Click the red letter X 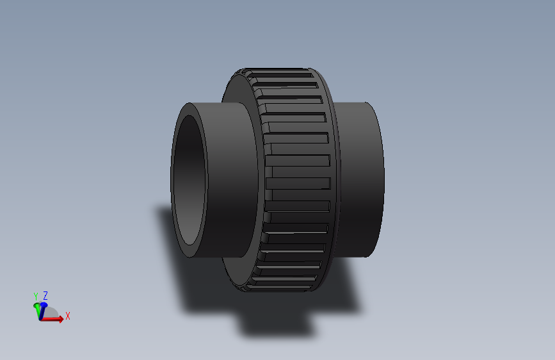67,316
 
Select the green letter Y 36,296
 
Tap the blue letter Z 45,295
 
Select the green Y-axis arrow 37,309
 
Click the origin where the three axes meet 41,318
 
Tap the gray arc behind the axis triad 54,313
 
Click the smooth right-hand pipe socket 362,179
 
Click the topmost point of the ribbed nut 275,67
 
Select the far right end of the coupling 383,179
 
